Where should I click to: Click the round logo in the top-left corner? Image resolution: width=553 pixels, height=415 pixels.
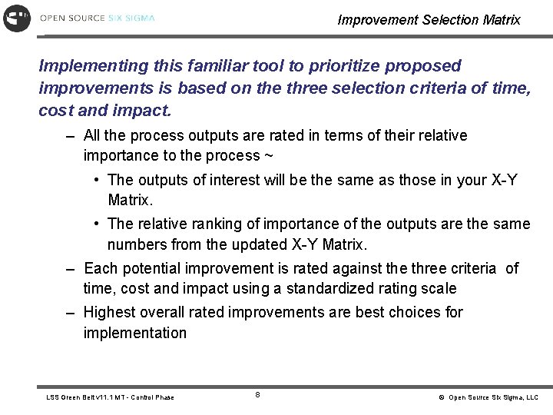17,17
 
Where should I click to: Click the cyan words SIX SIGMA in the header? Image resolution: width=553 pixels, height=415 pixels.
131,18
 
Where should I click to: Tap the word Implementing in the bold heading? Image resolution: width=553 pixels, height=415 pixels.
86,67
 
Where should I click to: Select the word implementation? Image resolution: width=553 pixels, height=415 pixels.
134,333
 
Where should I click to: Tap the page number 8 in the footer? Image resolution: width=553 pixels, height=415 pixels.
257,396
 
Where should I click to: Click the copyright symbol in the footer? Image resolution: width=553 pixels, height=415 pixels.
442,397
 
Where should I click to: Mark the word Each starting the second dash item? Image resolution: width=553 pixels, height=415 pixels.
98,268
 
